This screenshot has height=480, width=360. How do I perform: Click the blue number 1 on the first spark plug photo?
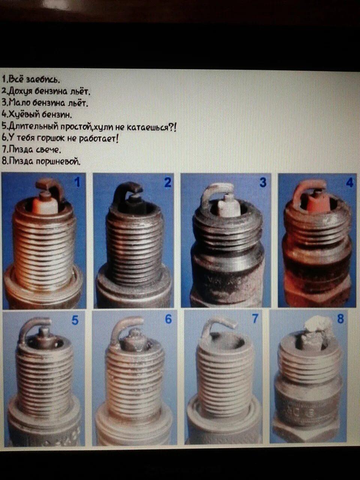(x=77, y=182)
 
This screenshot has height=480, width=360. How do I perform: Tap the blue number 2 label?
(x=168, y=183)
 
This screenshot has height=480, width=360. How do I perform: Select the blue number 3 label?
(x=263, y=182)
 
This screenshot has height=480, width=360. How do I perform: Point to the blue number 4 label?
(x=350, y=182)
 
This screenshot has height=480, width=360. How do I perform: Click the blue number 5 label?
(x=75, y=321)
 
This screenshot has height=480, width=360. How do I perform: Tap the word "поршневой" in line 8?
(x=58, y=161)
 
